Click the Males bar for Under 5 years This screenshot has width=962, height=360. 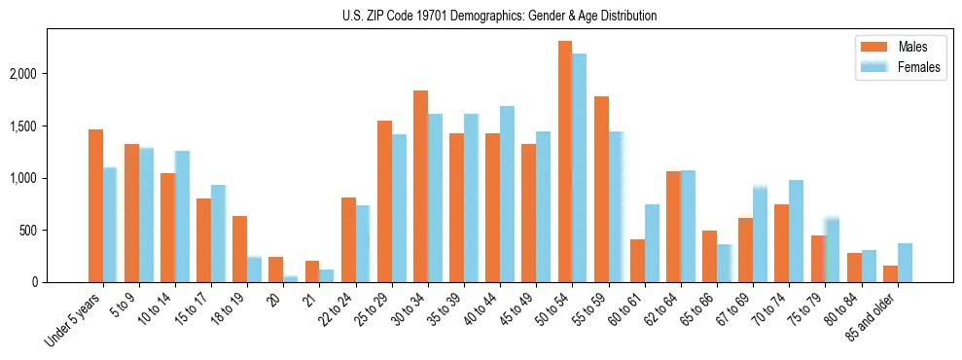95,205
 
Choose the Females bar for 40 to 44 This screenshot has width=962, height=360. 507,194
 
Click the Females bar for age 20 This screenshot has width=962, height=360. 291,279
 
